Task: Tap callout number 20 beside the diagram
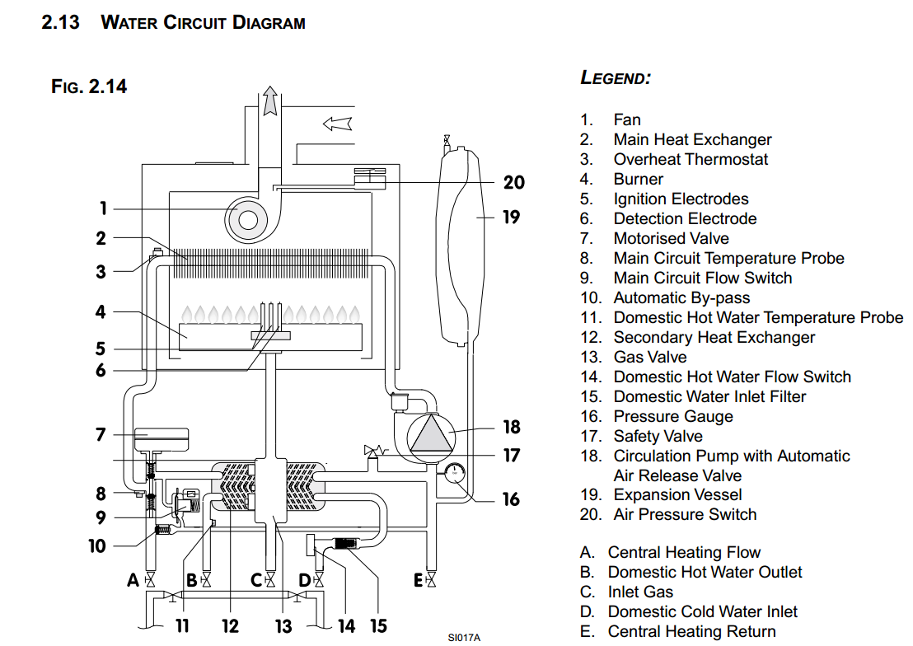click(513, 182)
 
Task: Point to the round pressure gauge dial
click(454, 475)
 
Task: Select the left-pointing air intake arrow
click(338, 124)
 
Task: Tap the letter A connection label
click(133, 581)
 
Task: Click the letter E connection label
click(418, 581)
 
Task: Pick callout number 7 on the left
click(101, 434)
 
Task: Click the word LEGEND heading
click(616, 78)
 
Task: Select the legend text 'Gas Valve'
click(649, 357)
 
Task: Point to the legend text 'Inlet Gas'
click(640, 592)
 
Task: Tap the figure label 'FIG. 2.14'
click(89, 86)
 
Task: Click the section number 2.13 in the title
click(60, 22)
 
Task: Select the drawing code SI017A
click(464, 637)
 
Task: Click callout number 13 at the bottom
click(283, 626)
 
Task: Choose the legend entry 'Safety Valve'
click(658, 436)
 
